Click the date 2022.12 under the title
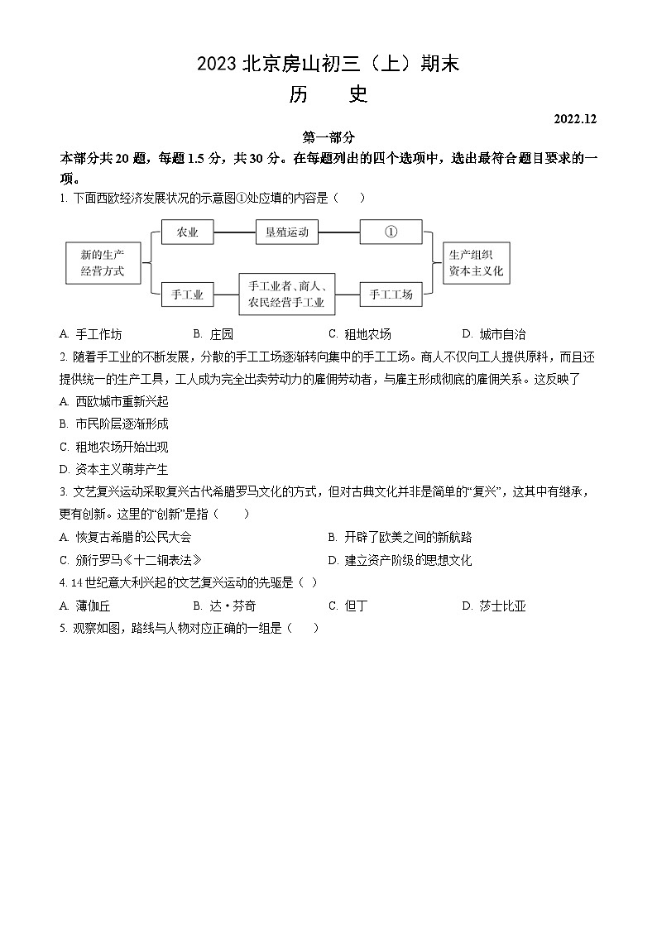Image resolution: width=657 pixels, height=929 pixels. tap(575, 119)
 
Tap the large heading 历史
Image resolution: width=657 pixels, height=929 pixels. tap(328, 94)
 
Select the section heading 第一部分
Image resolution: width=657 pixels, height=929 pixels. tap(328, 138)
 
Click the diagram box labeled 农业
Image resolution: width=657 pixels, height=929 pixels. tap(188, 232)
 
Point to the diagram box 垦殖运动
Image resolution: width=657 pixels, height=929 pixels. tap(286, 232)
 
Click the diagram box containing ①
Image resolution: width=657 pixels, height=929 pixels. tap(391, 232)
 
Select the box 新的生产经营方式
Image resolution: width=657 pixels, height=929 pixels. tap(103, 263)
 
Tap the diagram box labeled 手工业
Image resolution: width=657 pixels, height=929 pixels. tap(188, 294)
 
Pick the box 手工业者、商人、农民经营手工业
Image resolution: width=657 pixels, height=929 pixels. tap(286, 295)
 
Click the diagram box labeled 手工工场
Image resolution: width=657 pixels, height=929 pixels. tap(391, 294)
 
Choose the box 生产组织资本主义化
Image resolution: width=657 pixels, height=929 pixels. tap(476, 263)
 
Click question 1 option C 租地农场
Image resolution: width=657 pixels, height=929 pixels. tap(360, 334)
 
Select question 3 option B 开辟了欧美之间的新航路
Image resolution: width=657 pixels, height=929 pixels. tap(400, 538)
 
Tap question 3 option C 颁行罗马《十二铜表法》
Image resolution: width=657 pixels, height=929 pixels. tap(131, 560)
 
